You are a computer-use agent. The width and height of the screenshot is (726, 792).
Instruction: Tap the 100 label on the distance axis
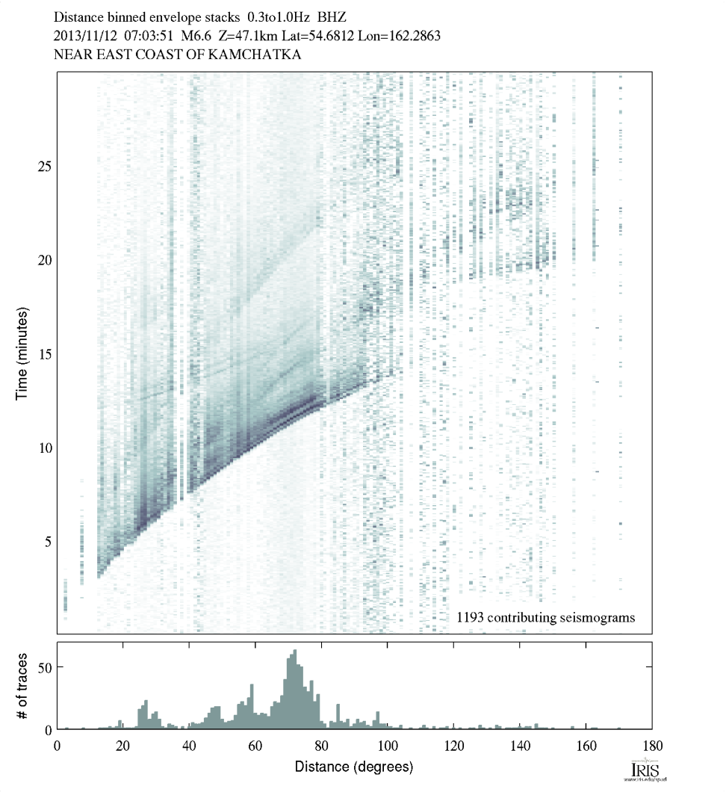[387, 746]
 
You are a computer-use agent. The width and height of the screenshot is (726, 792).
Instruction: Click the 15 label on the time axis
[44, 353]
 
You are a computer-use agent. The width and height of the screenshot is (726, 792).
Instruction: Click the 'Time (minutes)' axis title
[22, 353]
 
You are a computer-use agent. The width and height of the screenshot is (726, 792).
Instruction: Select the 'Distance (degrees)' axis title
[354, 767]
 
